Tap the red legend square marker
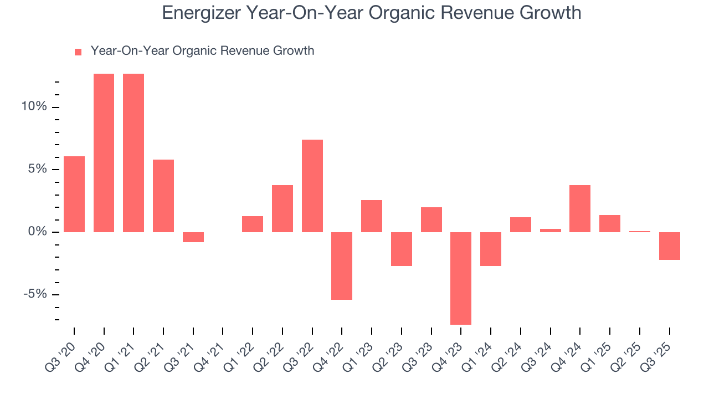click(78, 52)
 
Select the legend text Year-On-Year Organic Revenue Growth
click(202, 51)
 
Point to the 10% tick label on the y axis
click(34, 107)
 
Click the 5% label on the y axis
click(37, 170)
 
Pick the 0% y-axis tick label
click(37, 232)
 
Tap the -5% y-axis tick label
click(35, 294)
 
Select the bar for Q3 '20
click(74, 194)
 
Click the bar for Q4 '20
click(104, 152)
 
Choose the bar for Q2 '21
click(163, 196)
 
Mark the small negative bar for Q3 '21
click(193, 237)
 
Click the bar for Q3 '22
click(312, 186)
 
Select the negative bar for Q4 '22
click(342, 266)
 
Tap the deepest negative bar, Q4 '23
click(461, 278)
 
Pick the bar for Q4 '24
click(580, 208)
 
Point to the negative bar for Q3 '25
click(669, 246)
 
